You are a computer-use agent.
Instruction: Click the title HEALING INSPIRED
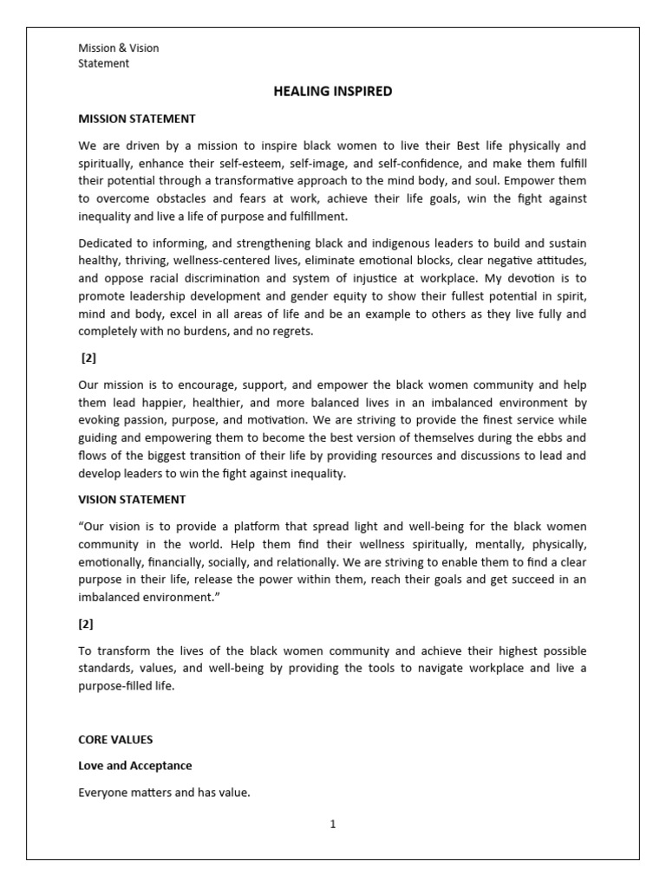[x=332, y=92]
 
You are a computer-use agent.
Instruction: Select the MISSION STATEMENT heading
[x=136, y=119]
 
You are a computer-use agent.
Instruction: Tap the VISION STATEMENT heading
[x=131, y=500]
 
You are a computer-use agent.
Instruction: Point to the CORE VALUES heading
[x=115, y=740]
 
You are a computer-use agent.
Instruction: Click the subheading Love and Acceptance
[x=134, y=766]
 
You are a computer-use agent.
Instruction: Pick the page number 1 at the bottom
[x=332, y=825]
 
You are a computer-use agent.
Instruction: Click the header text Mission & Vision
[x=119, y=49]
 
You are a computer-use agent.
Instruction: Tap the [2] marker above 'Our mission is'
[x=88, y=358]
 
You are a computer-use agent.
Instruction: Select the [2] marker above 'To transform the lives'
[x=87, y=624]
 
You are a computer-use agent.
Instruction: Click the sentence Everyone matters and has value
[x=164, y=792]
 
